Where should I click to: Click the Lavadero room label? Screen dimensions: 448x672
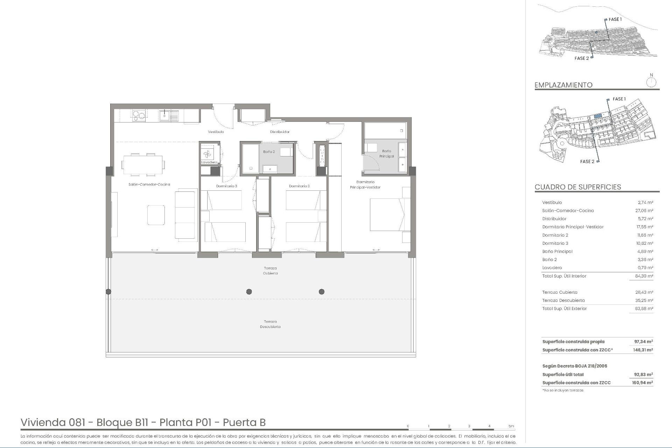pyautogui.click(x=209, y=162)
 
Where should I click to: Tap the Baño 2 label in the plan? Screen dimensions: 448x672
pyautogui.click(x=269, y=152)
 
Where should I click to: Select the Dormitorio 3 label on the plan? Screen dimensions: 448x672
pyautogui.click(x=226, y=186)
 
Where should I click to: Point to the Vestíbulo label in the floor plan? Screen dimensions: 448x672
pyautogui.click(x=216, y=132)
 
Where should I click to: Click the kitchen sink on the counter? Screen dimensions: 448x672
pyautogui.click(x=169, y=115)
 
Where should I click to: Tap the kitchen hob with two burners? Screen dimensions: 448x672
pyautogui.click(x=139, y=115)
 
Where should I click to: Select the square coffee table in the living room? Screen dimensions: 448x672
pyautogui.click(x=156, y=215)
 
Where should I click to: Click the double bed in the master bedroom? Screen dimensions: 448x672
pyautogui.click(x=389, y=215)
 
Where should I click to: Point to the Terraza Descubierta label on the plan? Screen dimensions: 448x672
pyautogui.click(x=270, y=324)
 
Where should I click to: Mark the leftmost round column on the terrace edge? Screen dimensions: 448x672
pyautogui.click(x=108, y=292)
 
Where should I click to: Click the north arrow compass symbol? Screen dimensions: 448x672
pyautogui.click(x=651, y=82)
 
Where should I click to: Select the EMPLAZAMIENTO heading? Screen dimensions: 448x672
pyautogui.click(x=563, y=85)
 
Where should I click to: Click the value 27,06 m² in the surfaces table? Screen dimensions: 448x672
pyautogui.click(x=644, y=211)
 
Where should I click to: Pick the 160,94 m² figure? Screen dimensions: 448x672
pyautogui.click(x=643, y=383)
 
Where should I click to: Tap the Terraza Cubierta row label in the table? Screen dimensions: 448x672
pyautogui.click(x=560, y=292)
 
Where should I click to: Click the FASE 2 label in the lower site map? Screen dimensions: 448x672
pyautogui.click(x=587, y=162)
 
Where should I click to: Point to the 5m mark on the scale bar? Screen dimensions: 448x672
pyautogui.click(x=511, y=426)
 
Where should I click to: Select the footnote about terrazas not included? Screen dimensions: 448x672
pyautogui.click(x=562, y=390)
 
